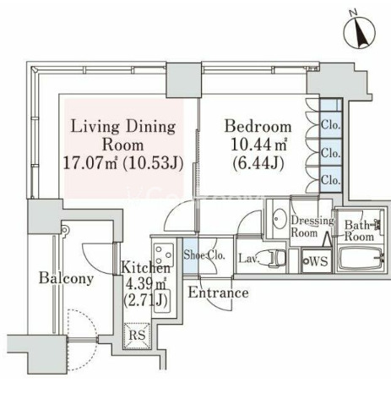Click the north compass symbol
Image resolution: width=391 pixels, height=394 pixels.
coord(360,32)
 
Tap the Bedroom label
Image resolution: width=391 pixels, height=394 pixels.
coord(258,127)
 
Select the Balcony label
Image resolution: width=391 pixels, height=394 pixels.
coord(66,278)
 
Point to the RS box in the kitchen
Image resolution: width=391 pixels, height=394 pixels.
coord(137,336)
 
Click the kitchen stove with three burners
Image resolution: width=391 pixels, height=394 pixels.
coord(163,254)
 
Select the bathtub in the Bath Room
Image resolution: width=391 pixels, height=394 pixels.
coord(361,259)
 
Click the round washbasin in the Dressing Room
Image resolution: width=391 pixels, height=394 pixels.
coord(280,218)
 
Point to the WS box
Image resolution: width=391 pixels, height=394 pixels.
coord(316,260)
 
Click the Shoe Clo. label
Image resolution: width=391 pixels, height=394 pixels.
coord(204,255)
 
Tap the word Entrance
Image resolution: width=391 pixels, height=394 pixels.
coord(219,293)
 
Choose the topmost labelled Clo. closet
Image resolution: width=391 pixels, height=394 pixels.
coord(331,125)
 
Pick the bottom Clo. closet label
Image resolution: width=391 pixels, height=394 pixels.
coord(331,179)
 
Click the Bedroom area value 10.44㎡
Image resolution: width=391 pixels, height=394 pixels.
coord(258,145)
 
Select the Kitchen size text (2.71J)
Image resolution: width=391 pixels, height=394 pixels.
coord(145,300)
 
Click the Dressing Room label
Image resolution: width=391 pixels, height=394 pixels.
coord(312,227)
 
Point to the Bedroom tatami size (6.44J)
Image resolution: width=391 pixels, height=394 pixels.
coord(258,163)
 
